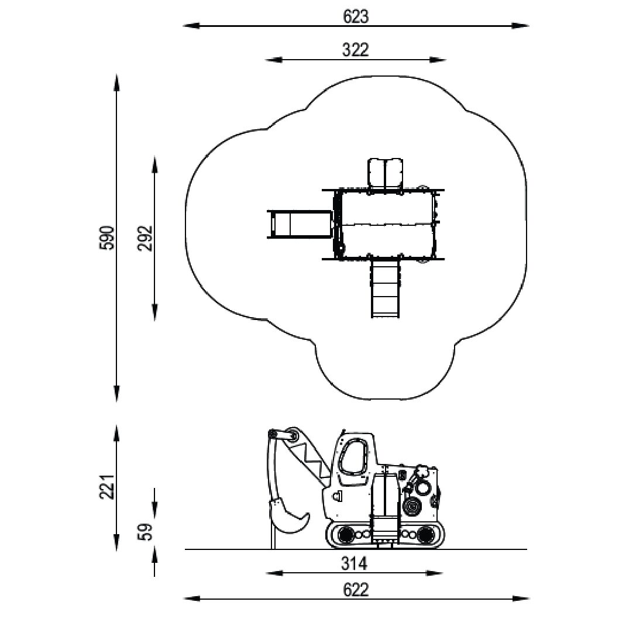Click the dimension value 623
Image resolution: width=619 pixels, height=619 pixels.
coord(355,16)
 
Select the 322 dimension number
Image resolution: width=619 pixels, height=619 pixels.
coord(355,50)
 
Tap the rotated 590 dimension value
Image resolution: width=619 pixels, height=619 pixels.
coord(108,238)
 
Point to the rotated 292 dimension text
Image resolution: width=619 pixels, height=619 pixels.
coord(145,238)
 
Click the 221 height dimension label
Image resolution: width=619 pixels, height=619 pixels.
coord(108,487)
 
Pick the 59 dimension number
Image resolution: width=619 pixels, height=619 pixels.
coord(145,532)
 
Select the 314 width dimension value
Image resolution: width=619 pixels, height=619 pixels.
coord(354,564)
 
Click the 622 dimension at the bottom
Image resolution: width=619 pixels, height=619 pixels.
coord(356,590)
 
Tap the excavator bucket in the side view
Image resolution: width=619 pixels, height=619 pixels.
coord(288,517)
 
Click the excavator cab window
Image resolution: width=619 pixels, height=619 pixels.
coord(354,458)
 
